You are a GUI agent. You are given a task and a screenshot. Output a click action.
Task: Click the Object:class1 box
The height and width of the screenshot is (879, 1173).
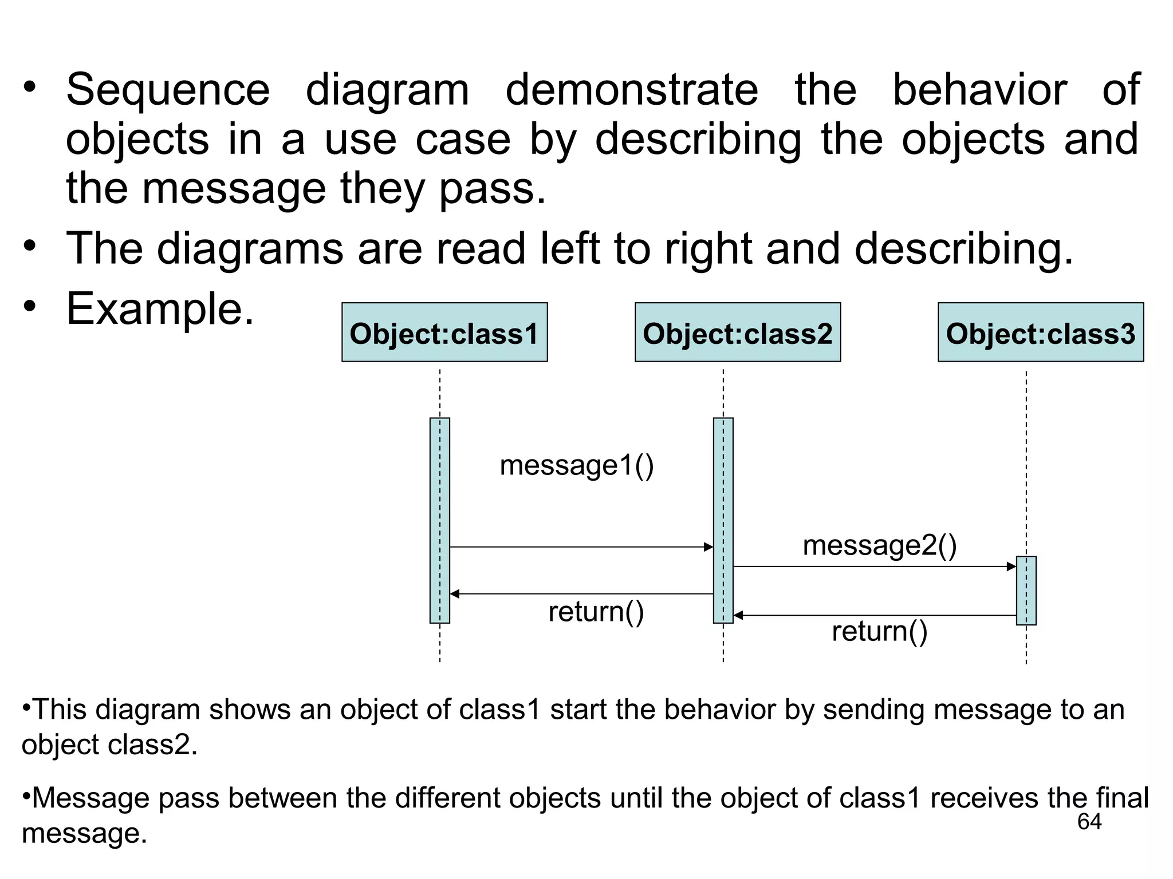[x=444, y=332]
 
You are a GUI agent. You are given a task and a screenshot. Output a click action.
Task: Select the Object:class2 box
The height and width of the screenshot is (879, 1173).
[x=738, y=332]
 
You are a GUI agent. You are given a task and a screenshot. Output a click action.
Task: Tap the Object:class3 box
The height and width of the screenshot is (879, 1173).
[x=1041, y=332]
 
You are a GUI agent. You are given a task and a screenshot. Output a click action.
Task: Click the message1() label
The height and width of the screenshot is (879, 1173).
[x=577, y=465]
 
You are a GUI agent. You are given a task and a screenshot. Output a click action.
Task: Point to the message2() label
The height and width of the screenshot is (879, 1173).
[x=880, y=545]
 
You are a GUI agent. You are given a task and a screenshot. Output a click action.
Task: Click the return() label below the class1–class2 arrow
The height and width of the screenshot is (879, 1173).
[x=596, y=612]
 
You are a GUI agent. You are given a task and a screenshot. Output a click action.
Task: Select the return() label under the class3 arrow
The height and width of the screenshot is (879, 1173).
[x=880, y=632]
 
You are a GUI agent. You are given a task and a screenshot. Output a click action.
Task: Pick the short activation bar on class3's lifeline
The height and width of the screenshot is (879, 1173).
[x=1026, y=591]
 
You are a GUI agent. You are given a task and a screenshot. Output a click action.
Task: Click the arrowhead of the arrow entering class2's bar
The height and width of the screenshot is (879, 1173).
[x=709, y=547]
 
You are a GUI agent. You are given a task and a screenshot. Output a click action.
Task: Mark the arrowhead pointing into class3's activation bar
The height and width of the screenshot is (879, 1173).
[x=1011, y=567]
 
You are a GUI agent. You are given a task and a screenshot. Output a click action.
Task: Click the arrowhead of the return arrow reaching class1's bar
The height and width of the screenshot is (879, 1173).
[x=455, y=594]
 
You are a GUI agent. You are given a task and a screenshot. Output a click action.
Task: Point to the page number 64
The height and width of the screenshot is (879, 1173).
[x=1089, y=822]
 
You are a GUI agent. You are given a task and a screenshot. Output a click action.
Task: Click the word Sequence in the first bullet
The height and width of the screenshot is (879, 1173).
[x=168, y=90]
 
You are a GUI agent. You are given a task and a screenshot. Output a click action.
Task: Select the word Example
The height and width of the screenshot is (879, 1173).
[x=160, y=309]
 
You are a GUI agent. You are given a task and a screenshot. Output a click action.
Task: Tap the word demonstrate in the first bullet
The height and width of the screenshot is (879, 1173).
[x=632, y=90]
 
